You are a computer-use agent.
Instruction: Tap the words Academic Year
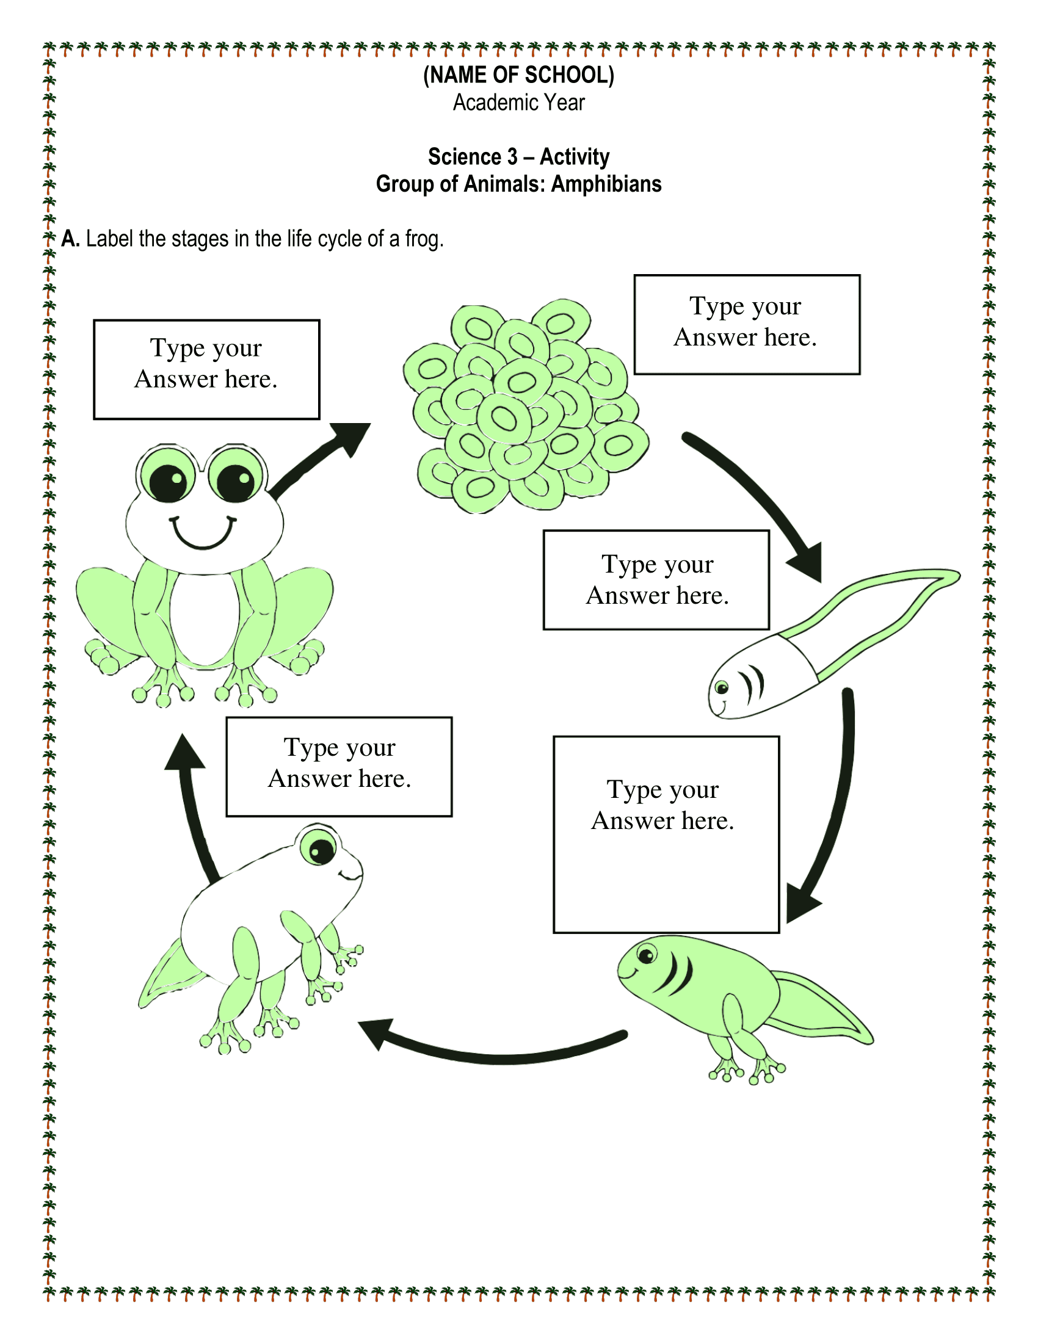518,103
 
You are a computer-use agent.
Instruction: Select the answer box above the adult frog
206,369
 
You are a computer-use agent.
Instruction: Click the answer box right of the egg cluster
747,325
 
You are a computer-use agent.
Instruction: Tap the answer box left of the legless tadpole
656,580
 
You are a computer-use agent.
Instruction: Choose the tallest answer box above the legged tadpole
666,834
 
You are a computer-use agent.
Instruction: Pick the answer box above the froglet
339,767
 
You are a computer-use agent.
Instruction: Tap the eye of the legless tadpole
722,687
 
